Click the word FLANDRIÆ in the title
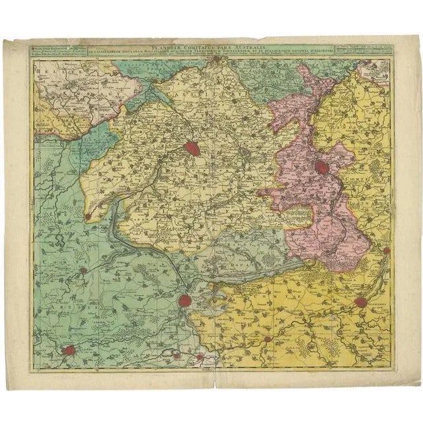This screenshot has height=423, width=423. (167, 47)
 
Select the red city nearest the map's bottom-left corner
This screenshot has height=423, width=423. (69, 351)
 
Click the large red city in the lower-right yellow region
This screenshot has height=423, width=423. (361, 301)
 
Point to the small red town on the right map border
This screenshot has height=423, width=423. (386, 250)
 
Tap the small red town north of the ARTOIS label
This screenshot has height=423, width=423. (84, 271)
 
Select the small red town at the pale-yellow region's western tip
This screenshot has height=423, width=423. (88, 215)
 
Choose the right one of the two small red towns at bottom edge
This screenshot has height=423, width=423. (198, 357)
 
